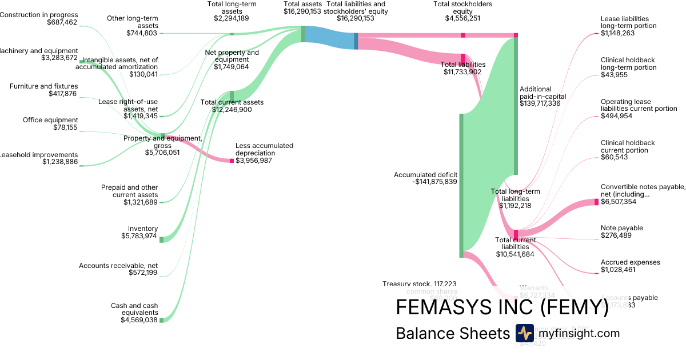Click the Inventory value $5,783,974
coord(139,236)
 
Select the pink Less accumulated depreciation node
coord(232,161)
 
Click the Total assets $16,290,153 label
coord(302,7)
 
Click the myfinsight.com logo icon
coord(524,333)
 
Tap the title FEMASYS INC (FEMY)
coord(502,307)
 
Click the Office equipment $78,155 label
coord(50,124)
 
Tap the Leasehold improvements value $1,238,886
coord(59,162)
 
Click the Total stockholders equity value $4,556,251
coord(462,18)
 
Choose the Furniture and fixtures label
coord(43,86)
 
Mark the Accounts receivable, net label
coord(118,266)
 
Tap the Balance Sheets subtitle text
coord(452,334)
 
